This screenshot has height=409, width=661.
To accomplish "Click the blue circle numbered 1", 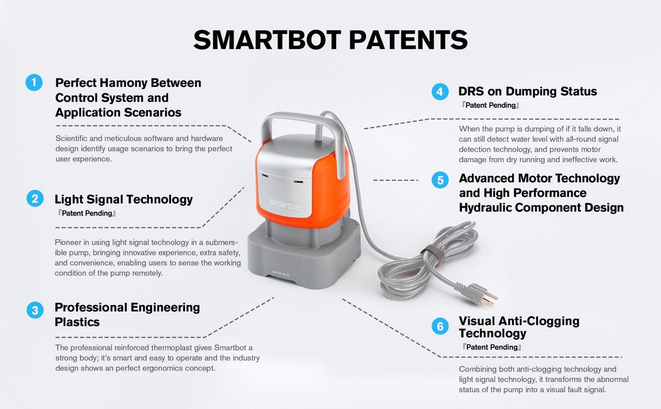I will (34, 82).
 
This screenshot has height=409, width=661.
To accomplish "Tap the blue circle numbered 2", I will (35, 198).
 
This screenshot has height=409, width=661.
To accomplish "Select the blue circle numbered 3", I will (35, 310).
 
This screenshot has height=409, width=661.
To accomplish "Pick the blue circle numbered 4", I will (440, 92).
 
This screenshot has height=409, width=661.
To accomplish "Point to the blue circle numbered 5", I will (440, 180).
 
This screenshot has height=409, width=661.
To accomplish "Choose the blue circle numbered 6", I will (440, 326).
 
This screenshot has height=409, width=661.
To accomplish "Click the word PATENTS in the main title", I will (408, 40).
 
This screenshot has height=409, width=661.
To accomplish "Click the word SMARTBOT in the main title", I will (267, 40).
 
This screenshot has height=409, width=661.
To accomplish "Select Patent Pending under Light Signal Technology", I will (87, 213).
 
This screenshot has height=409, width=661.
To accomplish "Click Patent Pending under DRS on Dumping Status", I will (490, 105).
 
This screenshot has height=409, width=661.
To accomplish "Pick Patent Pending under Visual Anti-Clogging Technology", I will (492, 347).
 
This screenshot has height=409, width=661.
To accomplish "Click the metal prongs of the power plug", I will (489, 300).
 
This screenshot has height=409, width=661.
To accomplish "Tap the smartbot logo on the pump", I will (286, 204).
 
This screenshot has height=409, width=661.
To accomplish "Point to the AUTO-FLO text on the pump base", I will (281, 274).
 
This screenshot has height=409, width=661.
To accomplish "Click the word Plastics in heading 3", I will (77, 322).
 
